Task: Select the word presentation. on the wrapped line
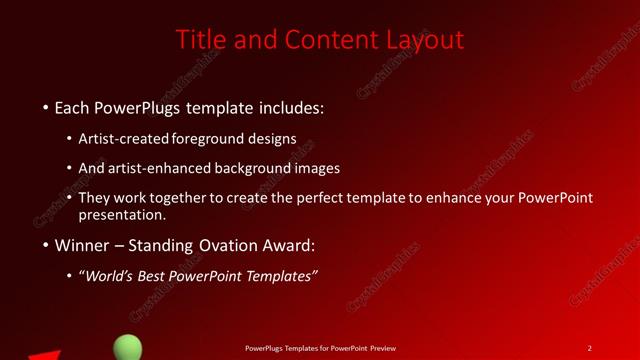(x=129, y=215)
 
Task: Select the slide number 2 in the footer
(x=590, y=348)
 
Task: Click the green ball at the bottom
(x=127, y=348)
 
